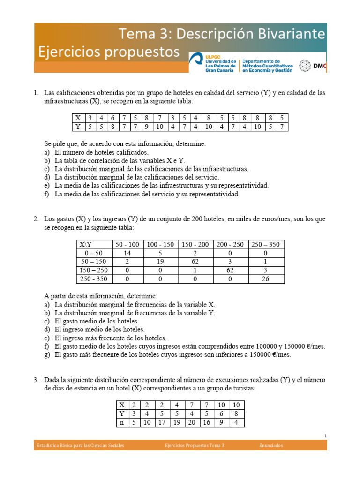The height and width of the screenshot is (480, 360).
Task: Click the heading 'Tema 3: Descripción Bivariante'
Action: pyautogui.click(x=222, y=34)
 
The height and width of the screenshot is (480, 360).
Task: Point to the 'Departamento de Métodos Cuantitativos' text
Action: pyautogui.click(x=267, y=66)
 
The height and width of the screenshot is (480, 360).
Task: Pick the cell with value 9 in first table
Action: pyautogui.click(x=147, y=127)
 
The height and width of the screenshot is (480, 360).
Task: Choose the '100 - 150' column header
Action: pyautogui.click(x=160, y=245)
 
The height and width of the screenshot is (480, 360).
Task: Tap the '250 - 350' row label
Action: pyautogui.click(x=94, y=279)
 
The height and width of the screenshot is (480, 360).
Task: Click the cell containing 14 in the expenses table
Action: pyautogui.click(x=127, y=253)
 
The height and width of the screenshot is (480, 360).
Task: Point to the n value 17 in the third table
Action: pyautogui.click(x=163, y=422)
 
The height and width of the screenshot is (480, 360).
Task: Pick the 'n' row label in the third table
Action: pyautogui.click(x=122, y=422)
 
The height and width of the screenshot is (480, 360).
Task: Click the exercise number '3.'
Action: pyautogui.click(x=37, y=380)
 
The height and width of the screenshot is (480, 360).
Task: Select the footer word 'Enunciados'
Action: pyautogui.click(x=271, y=445)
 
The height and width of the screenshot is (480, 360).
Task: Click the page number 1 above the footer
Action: pyautogui.click(x=325, y=436)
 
